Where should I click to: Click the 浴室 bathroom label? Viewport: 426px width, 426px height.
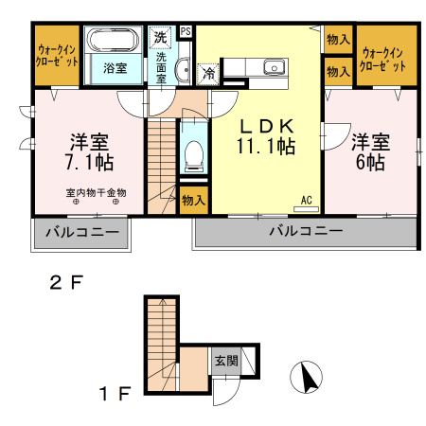[x=115, y=69]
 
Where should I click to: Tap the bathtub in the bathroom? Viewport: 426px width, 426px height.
[x=115, y=44]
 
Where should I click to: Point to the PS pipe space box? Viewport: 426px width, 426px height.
[x=186, y=31]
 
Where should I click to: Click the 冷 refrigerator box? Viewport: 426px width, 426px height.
[x=208, y=71]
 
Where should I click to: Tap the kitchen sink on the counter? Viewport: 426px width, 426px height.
[x=274, y=67]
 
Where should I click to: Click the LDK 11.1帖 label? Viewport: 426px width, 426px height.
[x=266, y=135]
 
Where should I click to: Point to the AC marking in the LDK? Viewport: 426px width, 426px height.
[x=307, y=199]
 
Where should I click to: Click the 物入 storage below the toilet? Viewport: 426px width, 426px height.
[x=193, y=201]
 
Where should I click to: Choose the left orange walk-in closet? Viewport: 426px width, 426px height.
[x=58, y=56]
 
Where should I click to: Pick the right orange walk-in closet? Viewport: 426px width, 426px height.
[x=387, y=58]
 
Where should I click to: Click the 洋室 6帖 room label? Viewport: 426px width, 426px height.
[x=369, y=151]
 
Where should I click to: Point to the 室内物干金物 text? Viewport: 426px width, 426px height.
[x=95, y=193]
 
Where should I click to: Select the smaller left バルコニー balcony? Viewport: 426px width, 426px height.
[x=80, y=232]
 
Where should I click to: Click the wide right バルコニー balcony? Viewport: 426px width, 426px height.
[x=305, y=232]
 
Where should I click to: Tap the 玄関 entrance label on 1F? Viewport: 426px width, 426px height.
[x=225, y=361]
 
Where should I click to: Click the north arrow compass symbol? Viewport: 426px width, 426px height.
[x=306, y=380]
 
